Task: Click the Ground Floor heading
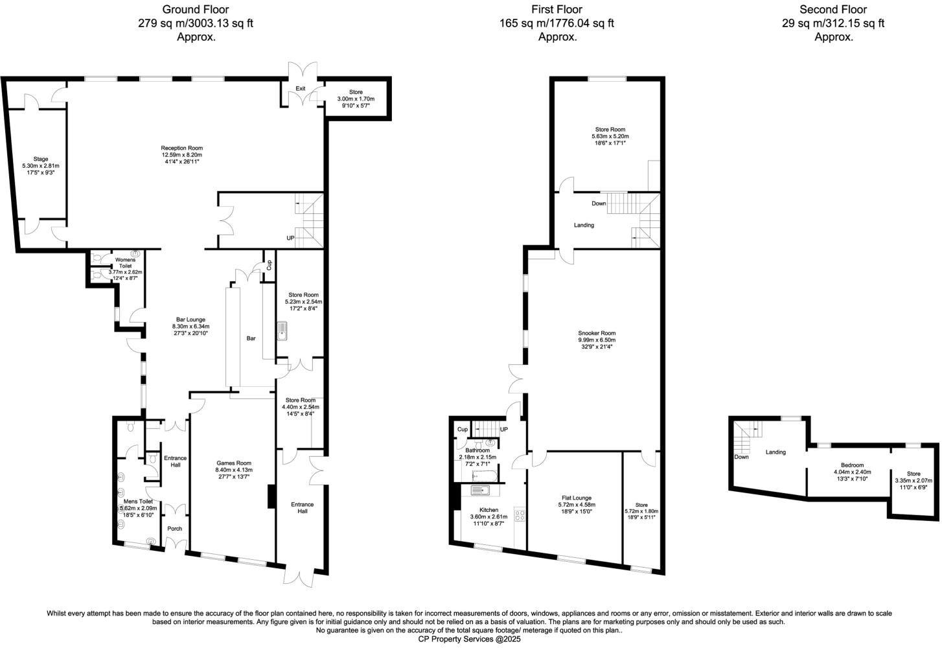click(195, 9)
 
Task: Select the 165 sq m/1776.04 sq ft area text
click(557, 23)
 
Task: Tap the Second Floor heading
click(833, 9)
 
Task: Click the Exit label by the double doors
click(301, 89)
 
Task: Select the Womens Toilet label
click(125, 263)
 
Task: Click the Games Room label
click(234, 463)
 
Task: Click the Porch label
click(174, 529)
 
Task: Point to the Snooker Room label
click(597, 333)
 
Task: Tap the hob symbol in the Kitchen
click(519, 515)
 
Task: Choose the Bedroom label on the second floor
click(852, 465)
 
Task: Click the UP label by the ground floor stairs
click(290, 238)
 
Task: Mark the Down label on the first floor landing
click(599, 203)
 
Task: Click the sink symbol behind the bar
click(282, 331)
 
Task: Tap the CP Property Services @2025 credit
click(469, 639)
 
